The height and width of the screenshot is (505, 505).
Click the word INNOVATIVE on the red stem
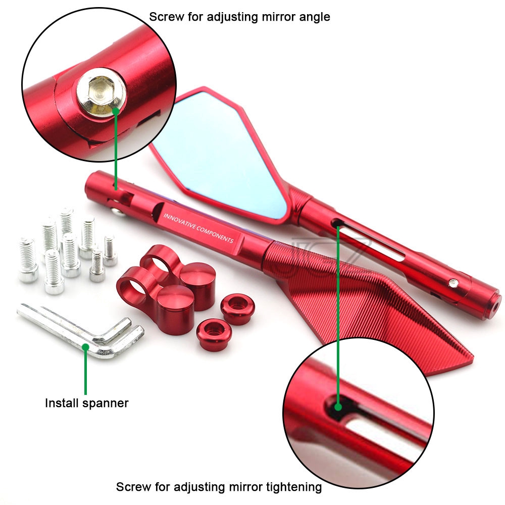(179, 222)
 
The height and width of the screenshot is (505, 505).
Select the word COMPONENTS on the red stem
(215, 234)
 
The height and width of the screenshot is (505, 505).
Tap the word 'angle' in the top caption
(315, 17)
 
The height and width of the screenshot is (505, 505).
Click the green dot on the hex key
(85, 347)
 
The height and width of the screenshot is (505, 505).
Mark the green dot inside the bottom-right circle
(338, 407)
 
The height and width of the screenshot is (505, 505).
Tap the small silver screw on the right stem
(454, 283)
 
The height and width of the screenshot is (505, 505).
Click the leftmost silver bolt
(28, 260)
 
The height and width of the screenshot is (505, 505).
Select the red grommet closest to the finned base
(238, 309)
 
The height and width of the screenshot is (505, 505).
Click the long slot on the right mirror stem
(369, 238)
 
